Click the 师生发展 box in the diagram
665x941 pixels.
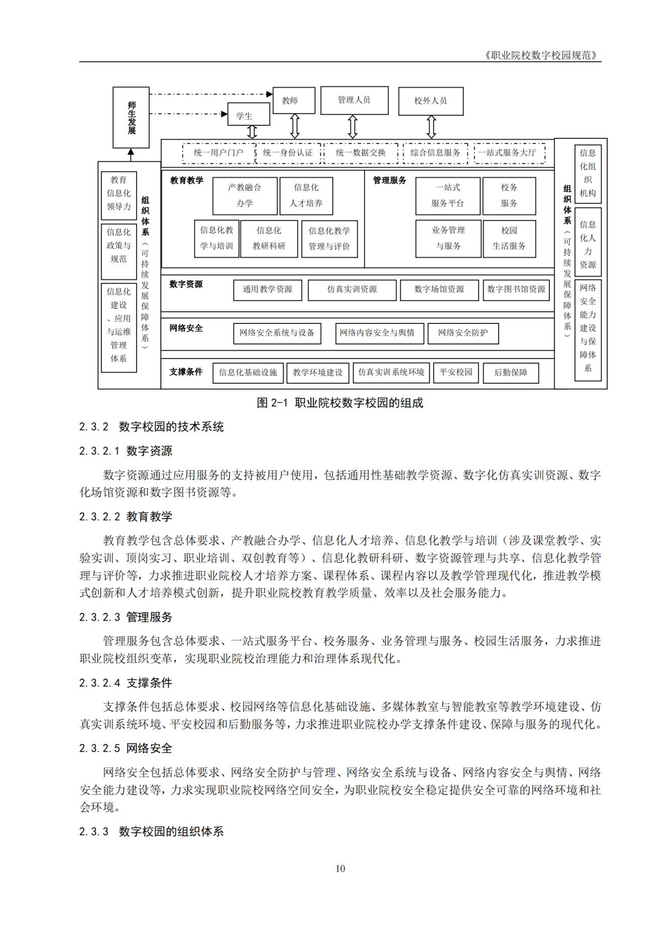tap(131, 117)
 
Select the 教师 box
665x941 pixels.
tap(294, 101)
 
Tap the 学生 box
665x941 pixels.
tap(248, 115)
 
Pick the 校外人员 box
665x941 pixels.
tap(431, 101)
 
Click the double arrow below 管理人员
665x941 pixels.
tap(353, 126)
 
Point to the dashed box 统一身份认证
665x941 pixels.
tap(288, 153)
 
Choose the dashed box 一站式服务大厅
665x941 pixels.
tap(510, 153)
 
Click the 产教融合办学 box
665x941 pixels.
tap(245, 196)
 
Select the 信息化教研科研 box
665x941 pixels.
tap(269, 238)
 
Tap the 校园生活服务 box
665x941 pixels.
tap(509, 238)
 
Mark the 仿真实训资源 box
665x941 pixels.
tap(352, 290)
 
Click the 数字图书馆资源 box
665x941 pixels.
tap(516, 290)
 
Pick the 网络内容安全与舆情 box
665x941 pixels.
tap(379, 333)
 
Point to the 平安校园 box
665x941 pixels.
tap(456, 372)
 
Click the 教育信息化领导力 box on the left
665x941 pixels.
tap(119, 194)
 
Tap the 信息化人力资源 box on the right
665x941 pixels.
tap(588, 244)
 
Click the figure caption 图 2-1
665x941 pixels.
tap(340, 403)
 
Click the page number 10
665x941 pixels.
tap(340, 869)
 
